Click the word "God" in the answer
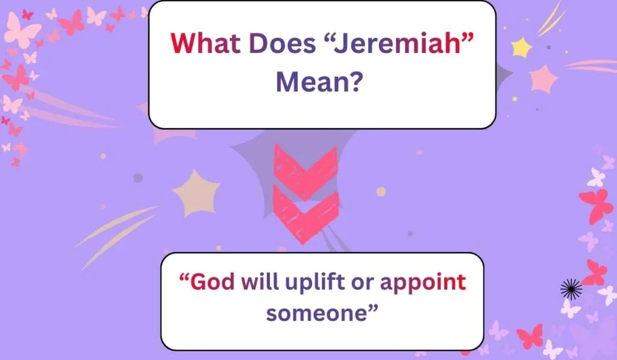[x=211, y=282]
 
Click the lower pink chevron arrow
[x=305, y=211]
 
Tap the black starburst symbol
[x=571, y=289]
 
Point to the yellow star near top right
[x=521, y=47]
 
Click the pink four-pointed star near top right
[x=543, y=78]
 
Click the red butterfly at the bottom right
[x=530, y=336]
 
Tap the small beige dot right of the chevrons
[x=381, y=191]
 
